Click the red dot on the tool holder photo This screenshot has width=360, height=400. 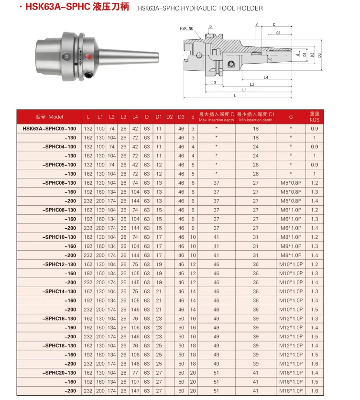click(x=89, y=56)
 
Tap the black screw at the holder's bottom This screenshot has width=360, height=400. click(x=89, y=75)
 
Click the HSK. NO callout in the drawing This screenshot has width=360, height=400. click(x=186, y=28)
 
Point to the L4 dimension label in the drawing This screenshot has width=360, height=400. click(x=266, y=78)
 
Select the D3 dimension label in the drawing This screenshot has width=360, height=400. click(x=319, y=55)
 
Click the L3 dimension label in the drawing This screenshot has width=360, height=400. click(x=214, y=83)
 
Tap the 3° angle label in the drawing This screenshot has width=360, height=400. click(x=270, y=59)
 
